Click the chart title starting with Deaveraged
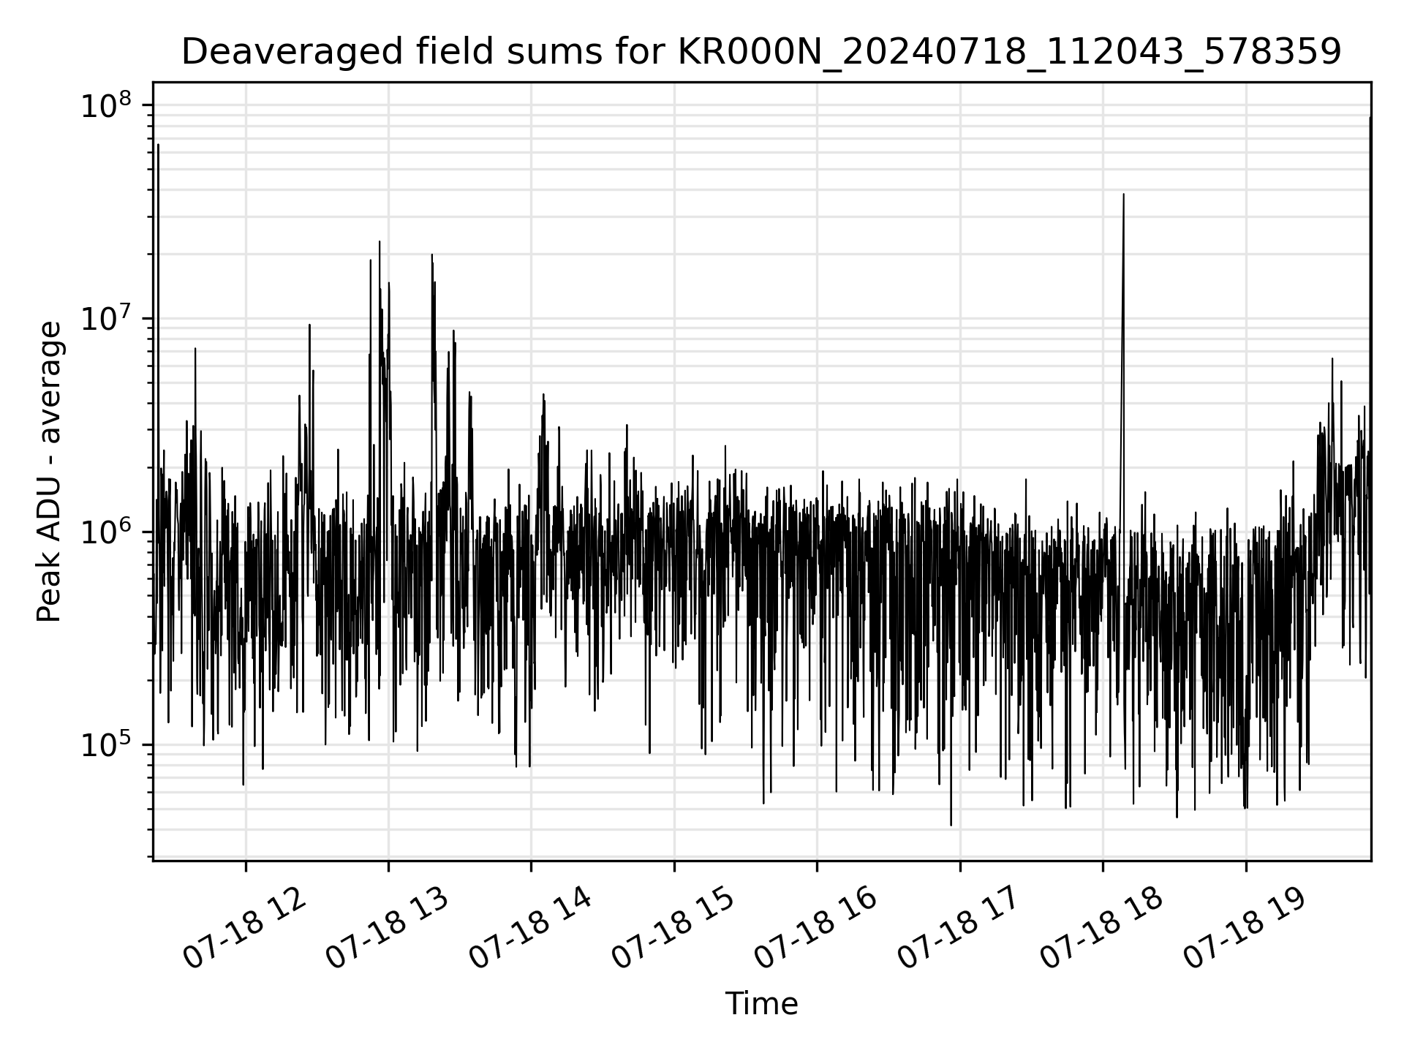point(760,53)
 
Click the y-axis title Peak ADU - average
point(50,472)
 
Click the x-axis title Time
point(760,1004)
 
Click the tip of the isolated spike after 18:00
point(1123,195)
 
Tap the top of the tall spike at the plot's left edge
point(158,145)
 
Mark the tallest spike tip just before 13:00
point(380,242)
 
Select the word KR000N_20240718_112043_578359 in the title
point(1009,53)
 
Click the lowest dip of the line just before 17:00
point(951,825)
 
